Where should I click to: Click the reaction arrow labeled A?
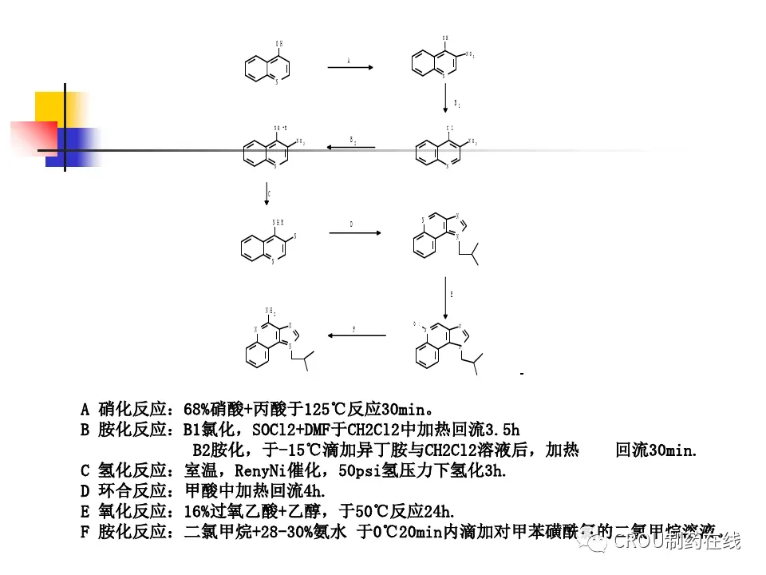coord(350,68)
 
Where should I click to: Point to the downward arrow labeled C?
coord(265,193)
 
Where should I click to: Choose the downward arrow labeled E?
coord(445,298)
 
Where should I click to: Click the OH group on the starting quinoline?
coord(278,43)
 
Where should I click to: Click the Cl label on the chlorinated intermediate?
coord(450,128)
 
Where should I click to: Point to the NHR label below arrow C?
coord(278,222)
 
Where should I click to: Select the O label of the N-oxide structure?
coord(415,324)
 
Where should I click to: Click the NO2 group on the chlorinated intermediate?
coord(472,142)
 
